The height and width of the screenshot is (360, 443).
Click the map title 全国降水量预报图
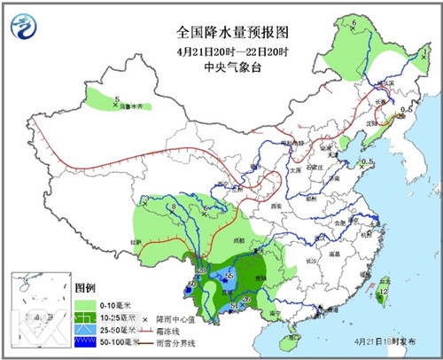pos(221,32)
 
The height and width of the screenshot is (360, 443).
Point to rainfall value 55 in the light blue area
pos(229,277)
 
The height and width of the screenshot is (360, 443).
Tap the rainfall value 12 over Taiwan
pos(384,290)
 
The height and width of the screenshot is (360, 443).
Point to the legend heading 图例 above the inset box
pos(85,289)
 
